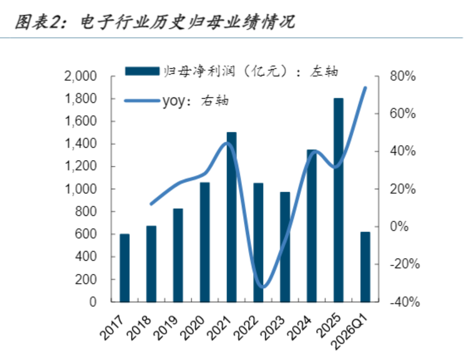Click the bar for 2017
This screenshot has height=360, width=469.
(x=125, y=268)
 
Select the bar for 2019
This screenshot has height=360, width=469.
(x=178, y=255)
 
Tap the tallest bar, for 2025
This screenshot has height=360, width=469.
(x=338, y=200)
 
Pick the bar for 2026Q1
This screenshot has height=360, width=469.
(x=365, y=267)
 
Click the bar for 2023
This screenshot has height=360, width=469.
(x=285, y=247)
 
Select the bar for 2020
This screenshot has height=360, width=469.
(x=205, y=242)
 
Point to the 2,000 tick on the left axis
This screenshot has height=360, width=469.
(x=80, y=76)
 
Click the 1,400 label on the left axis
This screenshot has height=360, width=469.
(x=81, y=144)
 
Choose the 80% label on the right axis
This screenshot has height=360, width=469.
(x=403, y=76)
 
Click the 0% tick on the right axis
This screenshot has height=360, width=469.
(x=399, y=227)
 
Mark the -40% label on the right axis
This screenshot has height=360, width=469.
(x=405, y=302)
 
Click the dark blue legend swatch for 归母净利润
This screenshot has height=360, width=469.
(x=142, y=71)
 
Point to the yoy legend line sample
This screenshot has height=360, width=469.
(x=142, y=101)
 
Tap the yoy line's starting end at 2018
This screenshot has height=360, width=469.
(x=151, y=204)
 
